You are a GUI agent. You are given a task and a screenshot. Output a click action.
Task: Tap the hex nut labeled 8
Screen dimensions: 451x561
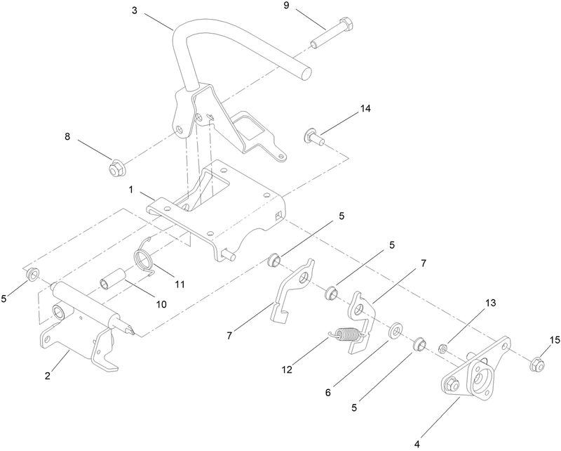(116, 169)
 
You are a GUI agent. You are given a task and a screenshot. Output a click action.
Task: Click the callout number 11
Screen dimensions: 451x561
(180, 284)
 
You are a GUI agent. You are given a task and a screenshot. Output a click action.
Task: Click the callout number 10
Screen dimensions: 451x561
(162, 304)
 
